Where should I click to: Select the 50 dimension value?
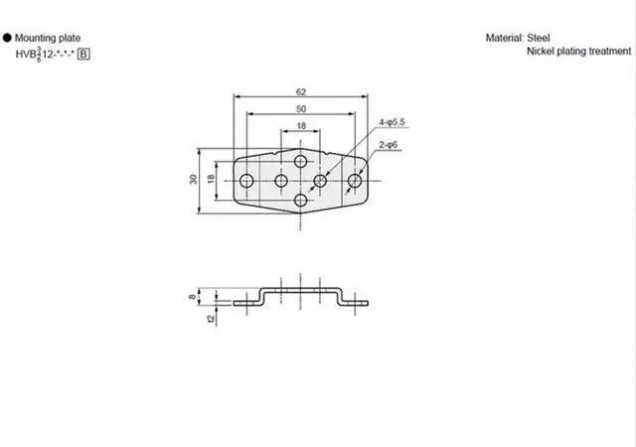point(300,107)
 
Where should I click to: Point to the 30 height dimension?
point(193,181)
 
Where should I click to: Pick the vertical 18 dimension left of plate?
point(210,181)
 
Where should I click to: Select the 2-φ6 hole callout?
point(388,145)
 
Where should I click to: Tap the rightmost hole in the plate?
point(355,181)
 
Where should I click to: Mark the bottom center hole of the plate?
point(301,201)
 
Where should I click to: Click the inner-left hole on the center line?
point(281,181)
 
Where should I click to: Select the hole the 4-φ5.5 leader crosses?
point(321,181)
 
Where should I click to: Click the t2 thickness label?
point(210,319)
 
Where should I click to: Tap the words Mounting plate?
point(46,37)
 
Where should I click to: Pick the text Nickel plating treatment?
point(578,52)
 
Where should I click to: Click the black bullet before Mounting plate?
point(7,37)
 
